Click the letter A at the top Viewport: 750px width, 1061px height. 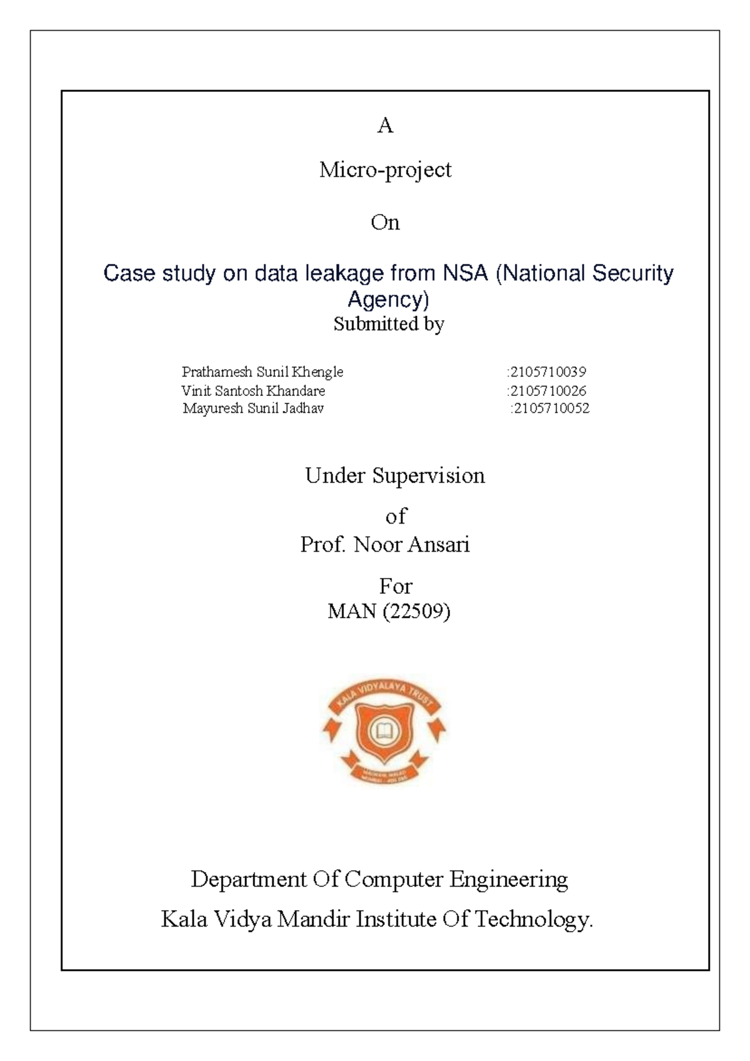pos(385,126)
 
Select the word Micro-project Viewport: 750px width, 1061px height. pos(385,170)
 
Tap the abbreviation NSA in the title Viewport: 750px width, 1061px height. pos(465,273)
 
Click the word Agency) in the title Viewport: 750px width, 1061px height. pos(388,300)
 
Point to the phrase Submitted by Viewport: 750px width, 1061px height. pos(388,324)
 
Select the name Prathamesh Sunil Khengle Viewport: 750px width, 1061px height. pos(262,372)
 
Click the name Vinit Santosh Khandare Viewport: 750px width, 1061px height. pos(253,391)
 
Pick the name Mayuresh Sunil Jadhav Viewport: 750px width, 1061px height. pos(253,409)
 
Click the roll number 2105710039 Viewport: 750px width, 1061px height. pos(547,372)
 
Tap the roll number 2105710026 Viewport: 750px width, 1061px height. pos(547,391)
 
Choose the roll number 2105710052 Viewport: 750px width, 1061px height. pos(551,409)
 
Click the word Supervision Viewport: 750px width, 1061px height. pos(429,476)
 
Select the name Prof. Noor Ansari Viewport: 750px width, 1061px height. pos(385,545)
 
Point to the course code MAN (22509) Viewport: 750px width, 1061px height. pos(389,611)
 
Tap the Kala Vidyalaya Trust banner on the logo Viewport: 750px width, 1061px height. pos(384,693)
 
